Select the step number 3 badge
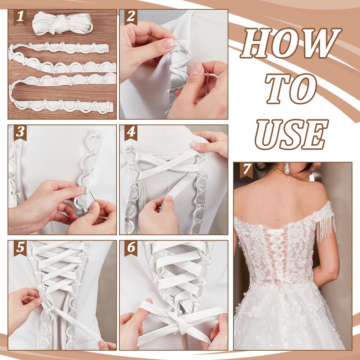pyautogui.click(x=20, y=133)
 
